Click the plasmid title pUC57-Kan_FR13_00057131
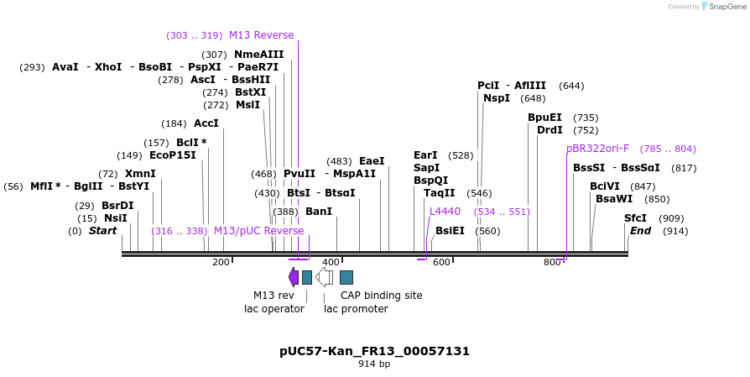(x=374, y=351)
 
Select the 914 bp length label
(x=374, y=364)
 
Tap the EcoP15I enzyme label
(x=172, y=155)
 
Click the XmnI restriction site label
(x=140, y=174)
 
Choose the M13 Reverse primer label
(x=261, y=35)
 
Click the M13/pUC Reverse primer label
(x=258, y=231)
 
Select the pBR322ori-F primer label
(x=597, y=149)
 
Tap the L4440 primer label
(x=445, y=212)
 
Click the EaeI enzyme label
(x=372, y=161)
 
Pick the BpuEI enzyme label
(x=544, y=118)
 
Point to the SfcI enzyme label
(x=635, y=218)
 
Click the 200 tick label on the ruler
(x=221, y=263)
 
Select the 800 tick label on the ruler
(x=551, y=263)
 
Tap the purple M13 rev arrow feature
(x=294, y=277)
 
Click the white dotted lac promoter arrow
(x=324, y=277)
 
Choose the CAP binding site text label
(x=381, y=296)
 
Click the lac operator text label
(x=268, y=309)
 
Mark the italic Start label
(x=102, y=231)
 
